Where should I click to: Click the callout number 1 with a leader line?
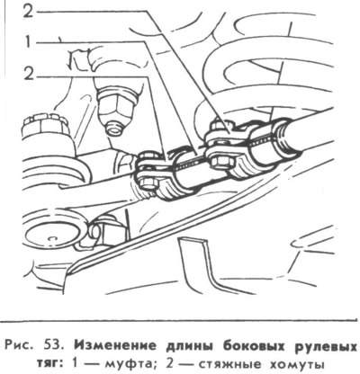pyautogui.click(x=28, y=43)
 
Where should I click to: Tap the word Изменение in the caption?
pyautogui.click(x=115, y=346)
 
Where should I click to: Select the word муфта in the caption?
pyautogui.click(x=130, y=365)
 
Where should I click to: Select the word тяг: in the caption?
pyautogui.click(x=49, y=365)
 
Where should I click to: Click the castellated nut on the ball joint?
pyautogui.click(x=46, y=127)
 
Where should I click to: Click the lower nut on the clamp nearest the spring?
pyautogui.click(x=222, y=164)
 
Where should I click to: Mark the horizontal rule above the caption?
pyautogui.click(x=180, y=320)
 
